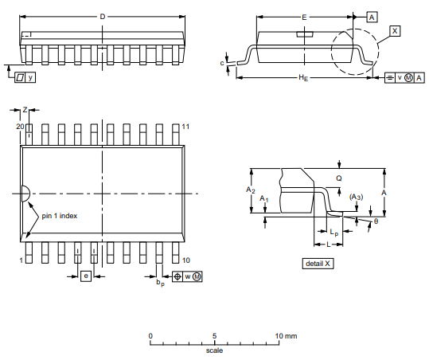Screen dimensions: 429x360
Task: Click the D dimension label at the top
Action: click(103, 17)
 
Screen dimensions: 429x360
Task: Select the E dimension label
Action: click(304, 18)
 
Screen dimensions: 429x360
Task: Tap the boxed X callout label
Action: click(395, 30)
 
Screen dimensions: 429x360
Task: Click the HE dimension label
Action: click(303, 78)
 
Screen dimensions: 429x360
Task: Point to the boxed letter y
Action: click(30, 77)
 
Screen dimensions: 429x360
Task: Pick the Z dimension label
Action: click(25, 110)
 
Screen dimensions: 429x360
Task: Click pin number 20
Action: click(20, 127)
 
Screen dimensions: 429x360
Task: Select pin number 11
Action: click(185, 127)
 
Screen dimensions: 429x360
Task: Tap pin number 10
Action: click(186, 260)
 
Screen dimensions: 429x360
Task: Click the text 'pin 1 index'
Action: click(60, 216)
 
